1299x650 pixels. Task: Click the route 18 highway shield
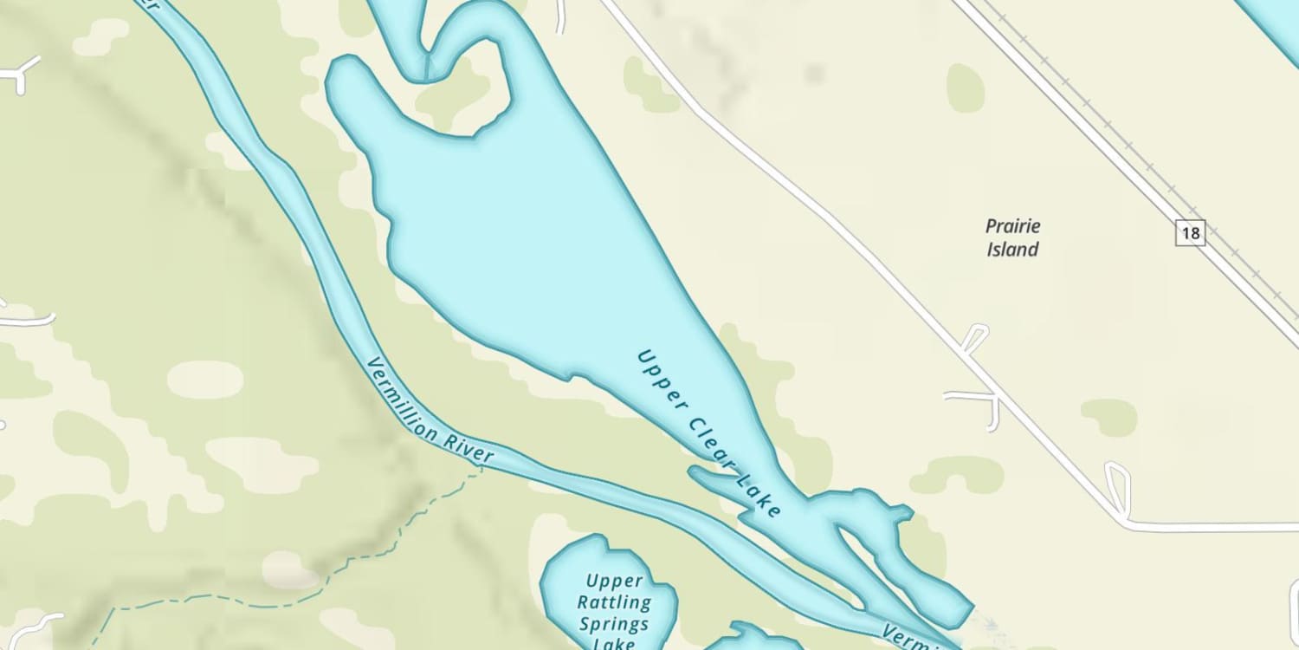1190,232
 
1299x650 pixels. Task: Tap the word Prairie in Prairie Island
1012,227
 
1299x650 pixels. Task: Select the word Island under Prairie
1012,250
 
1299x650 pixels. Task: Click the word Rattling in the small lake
615,602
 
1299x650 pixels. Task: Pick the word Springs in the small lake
614,624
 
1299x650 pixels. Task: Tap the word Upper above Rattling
614,581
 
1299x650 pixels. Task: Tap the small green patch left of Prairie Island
966,87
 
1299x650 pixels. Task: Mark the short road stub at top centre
561,16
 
